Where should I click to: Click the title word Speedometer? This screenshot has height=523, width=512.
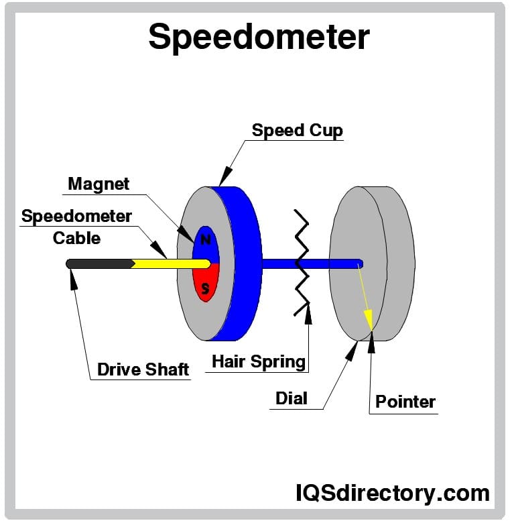[258, 36]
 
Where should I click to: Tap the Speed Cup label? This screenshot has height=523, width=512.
[297, 129]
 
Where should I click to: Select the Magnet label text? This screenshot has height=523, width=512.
[99, 183]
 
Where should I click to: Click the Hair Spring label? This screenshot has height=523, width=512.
[259, 361]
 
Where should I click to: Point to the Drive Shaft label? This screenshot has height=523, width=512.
[143, 369]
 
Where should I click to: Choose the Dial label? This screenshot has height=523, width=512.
[292, 398]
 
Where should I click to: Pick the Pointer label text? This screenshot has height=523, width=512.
[405, 402]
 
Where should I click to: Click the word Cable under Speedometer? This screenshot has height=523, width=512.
[77, 237]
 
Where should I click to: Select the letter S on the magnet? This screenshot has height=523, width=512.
[206, 288]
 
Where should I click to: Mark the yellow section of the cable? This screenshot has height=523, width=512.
[174, 263]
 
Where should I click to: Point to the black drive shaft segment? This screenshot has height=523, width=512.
[101, 264]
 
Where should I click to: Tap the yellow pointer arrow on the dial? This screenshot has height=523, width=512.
[365, 295]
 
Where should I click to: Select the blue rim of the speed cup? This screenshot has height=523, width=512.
[245, 261]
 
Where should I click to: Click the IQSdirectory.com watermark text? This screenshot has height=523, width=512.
[392, 493]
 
